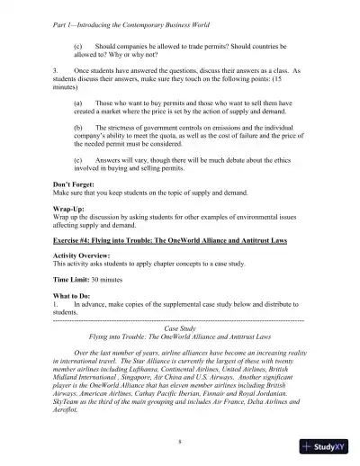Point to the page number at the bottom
[x=180, y=443]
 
